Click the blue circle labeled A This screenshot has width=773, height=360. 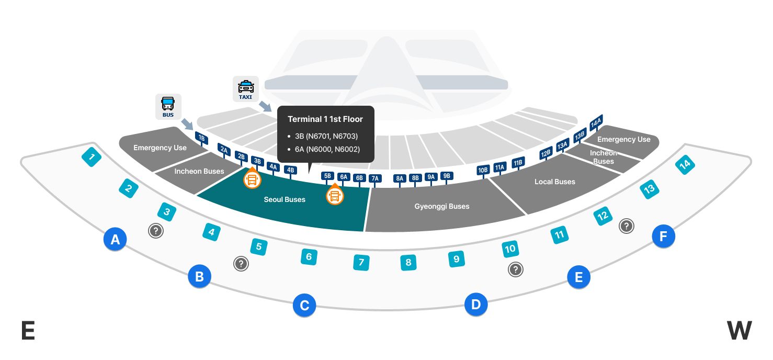115,239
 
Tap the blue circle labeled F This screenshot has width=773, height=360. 663,237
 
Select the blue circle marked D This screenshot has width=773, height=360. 476,304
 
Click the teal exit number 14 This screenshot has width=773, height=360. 684,165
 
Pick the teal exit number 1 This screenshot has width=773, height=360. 92,156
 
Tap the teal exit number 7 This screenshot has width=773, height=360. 361,262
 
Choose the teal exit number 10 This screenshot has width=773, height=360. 510,249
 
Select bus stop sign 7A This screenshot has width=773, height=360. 375,178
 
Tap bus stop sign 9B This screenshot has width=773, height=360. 447,176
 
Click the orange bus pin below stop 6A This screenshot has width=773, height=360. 335,196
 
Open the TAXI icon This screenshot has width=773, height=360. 246,89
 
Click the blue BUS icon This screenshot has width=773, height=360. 168,106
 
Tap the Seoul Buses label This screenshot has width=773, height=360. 285,199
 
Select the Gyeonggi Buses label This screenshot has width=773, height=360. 442,206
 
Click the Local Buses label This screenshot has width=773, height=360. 554,182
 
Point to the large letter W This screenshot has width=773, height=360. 739,331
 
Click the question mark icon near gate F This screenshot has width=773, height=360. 626,226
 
